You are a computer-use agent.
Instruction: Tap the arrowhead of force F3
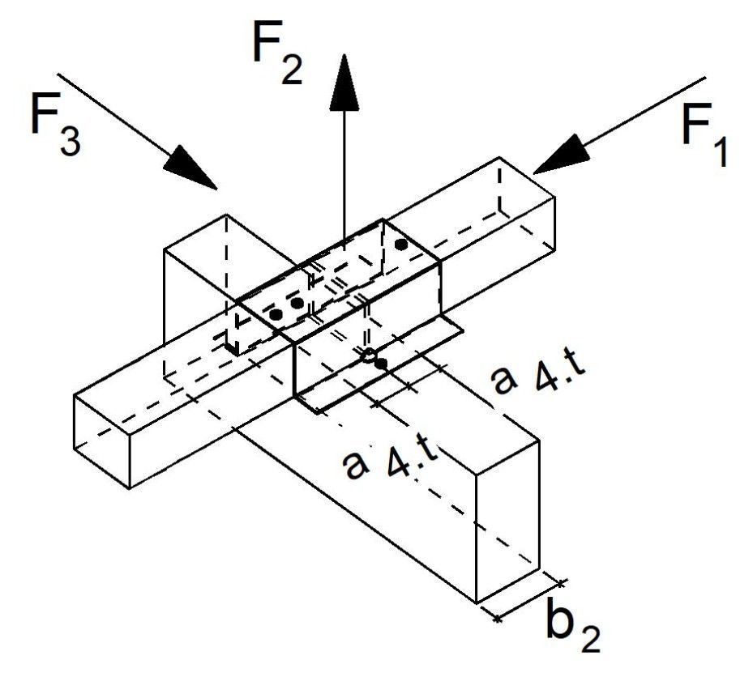coord(190,167)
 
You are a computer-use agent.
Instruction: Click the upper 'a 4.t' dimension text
coord(538,377)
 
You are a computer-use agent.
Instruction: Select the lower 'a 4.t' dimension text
coord(390,462)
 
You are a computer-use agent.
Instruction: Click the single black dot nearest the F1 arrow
coord(401,245)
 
